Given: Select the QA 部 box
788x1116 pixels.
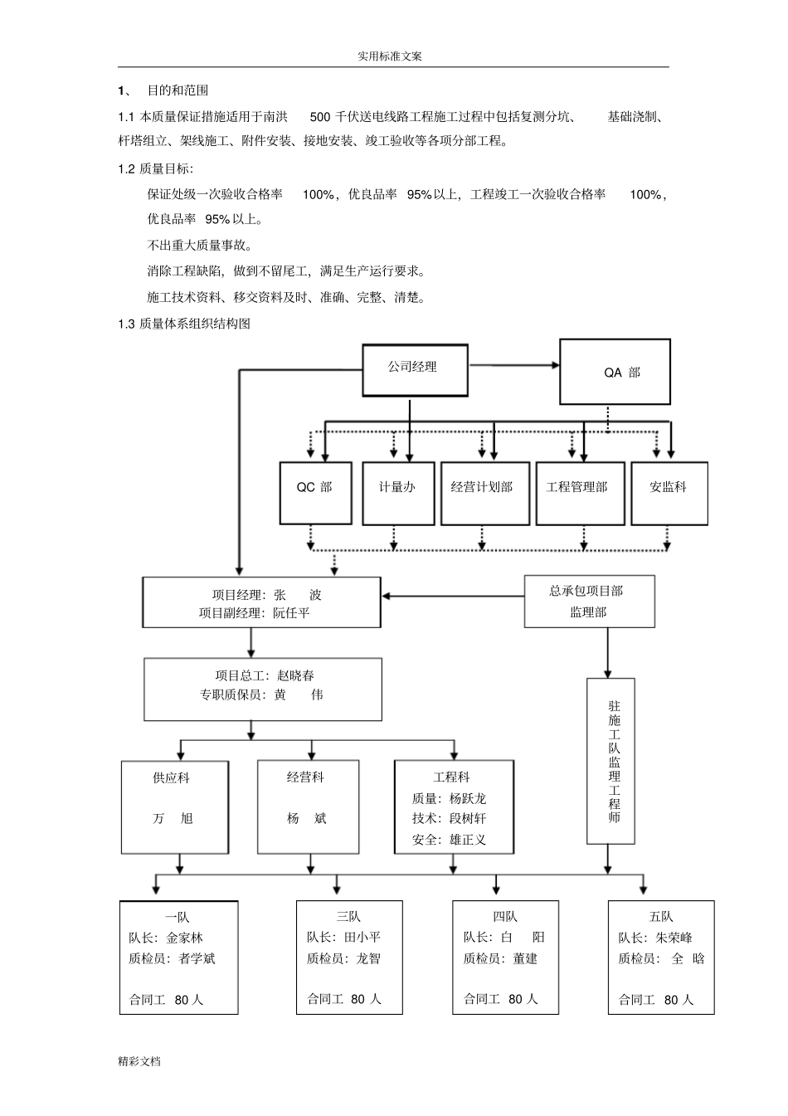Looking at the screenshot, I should point(615,372).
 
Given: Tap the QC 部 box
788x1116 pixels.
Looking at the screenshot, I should point(314,492).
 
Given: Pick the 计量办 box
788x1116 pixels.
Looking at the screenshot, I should point(397,492).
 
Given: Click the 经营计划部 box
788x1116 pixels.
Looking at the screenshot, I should point(484,492).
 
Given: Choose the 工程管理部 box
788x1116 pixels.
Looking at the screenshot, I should point(579,492).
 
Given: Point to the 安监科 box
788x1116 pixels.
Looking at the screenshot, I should point(669,492).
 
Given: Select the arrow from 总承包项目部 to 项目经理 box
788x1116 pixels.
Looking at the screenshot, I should point(452,595).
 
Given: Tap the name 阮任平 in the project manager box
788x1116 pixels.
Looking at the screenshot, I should point(291,613).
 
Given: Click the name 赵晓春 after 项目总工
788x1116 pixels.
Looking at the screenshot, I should point(296,675).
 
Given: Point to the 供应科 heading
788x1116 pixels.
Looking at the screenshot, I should point(172,778).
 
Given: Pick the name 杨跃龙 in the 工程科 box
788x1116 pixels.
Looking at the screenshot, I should point(468,798).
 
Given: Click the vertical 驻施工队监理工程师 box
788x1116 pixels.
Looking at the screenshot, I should point(611,760).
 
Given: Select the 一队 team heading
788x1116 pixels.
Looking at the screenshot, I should point(178,917).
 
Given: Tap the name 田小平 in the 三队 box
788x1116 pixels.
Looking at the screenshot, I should point(362,938).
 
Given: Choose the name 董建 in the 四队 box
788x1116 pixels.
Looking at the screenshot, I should point(525,958).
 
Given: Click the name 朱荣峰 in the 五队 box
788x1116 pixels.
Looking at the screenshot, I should point(674,938).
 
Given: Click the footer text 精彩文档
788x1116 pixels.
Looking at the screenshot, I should point(139,1061).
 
